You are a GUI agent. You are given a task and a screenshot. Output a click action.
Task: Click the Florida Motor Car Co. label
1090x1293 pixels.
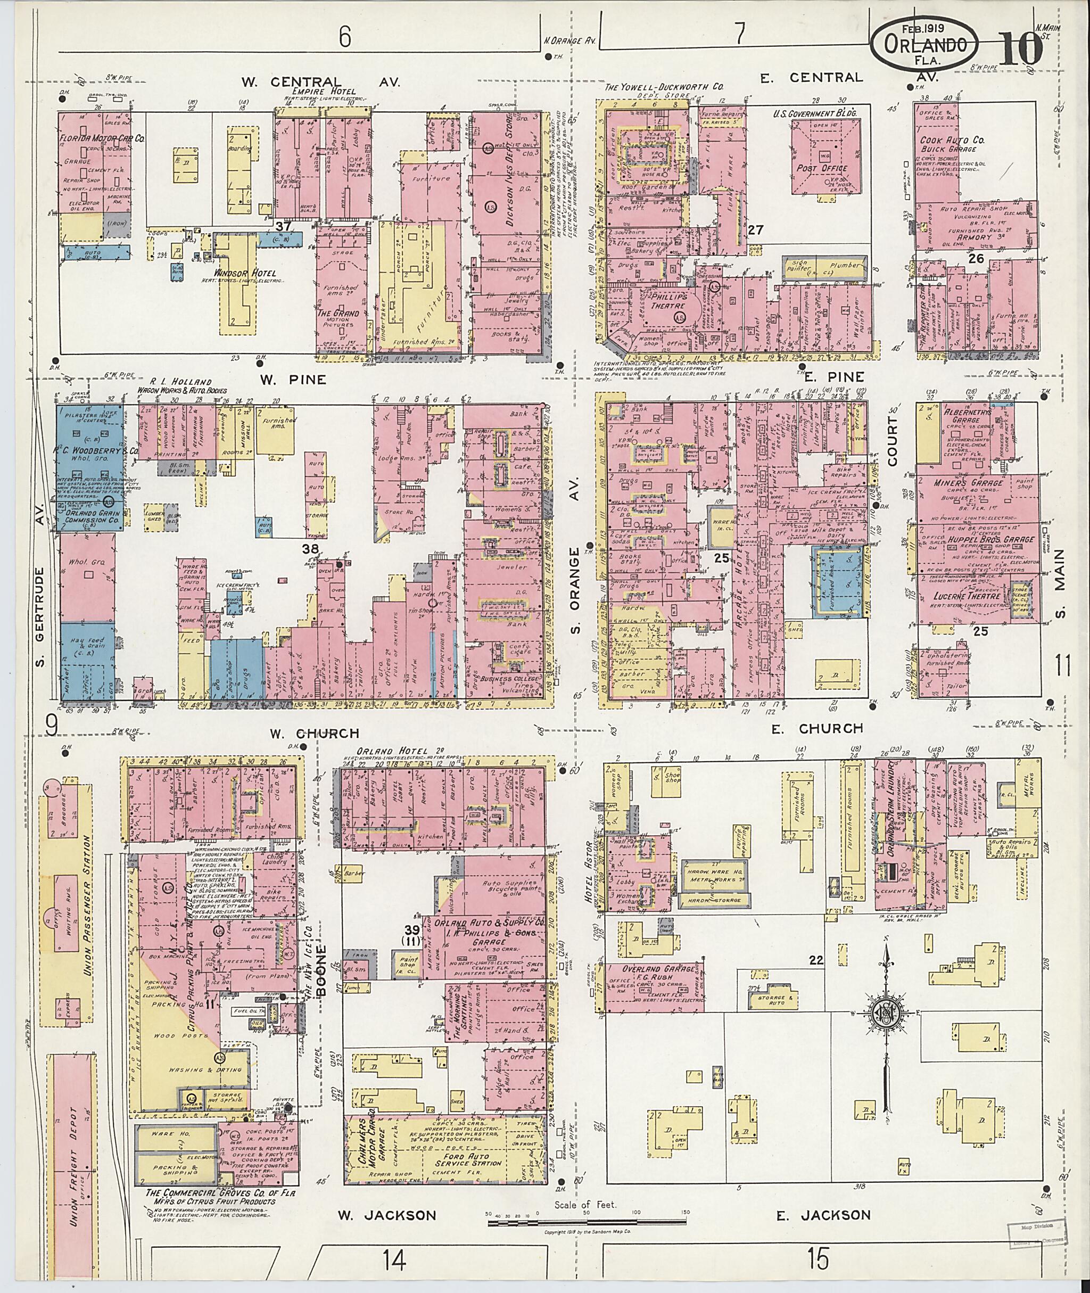102,139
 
